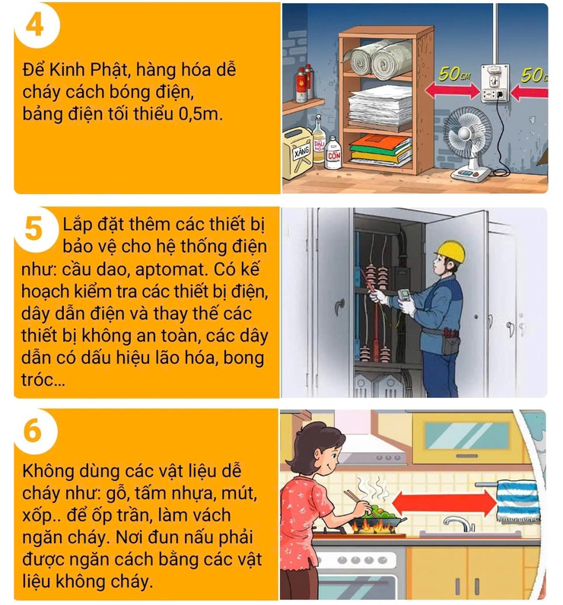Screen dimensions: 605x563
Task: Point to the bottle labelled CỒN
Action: click(332, 151)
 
